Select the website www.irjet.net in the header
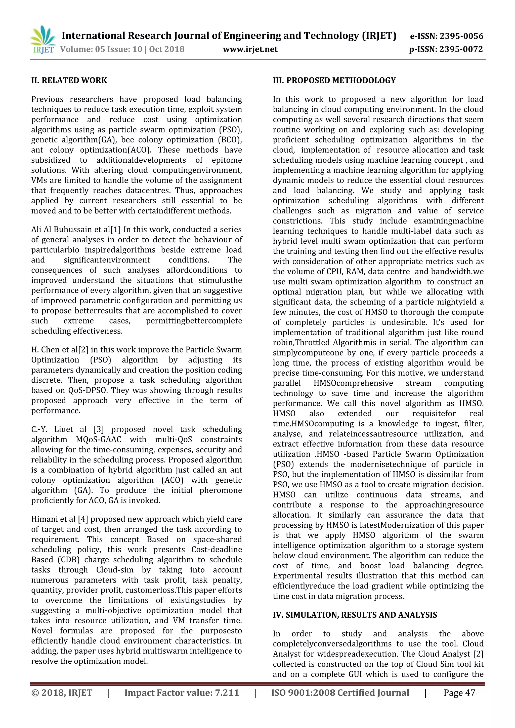[x=250, y=49]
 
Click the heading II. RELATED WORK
[x=69, y=80]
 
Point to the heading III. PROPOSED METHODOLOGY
[x=334, y=80]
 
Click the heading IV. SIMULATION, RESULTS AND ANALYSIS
[x=355, y=615]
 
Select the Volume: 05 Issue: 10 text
[x=101, y=50]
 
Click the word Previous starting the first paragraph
[x=47, y=100]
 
